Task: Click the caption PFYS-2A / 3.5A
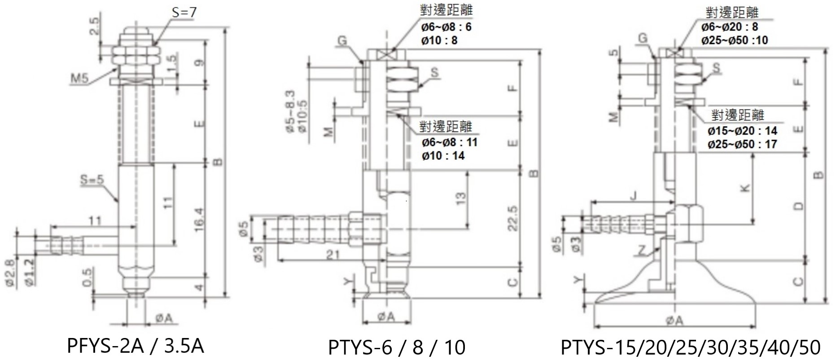[135, 346]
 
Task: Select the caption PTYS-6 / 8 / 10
[397, 347]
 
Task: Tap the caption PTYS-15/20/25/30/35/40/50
[691, 347]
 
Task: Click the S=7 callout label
[184, 12]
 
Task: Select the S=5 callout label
[92, 180]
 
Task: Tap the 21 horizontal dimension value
[333, 255]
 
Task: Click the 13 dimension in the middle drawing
[460, 198]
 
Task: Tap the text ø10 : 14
[443, 156]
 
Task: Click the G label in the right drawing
[643, 39]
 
